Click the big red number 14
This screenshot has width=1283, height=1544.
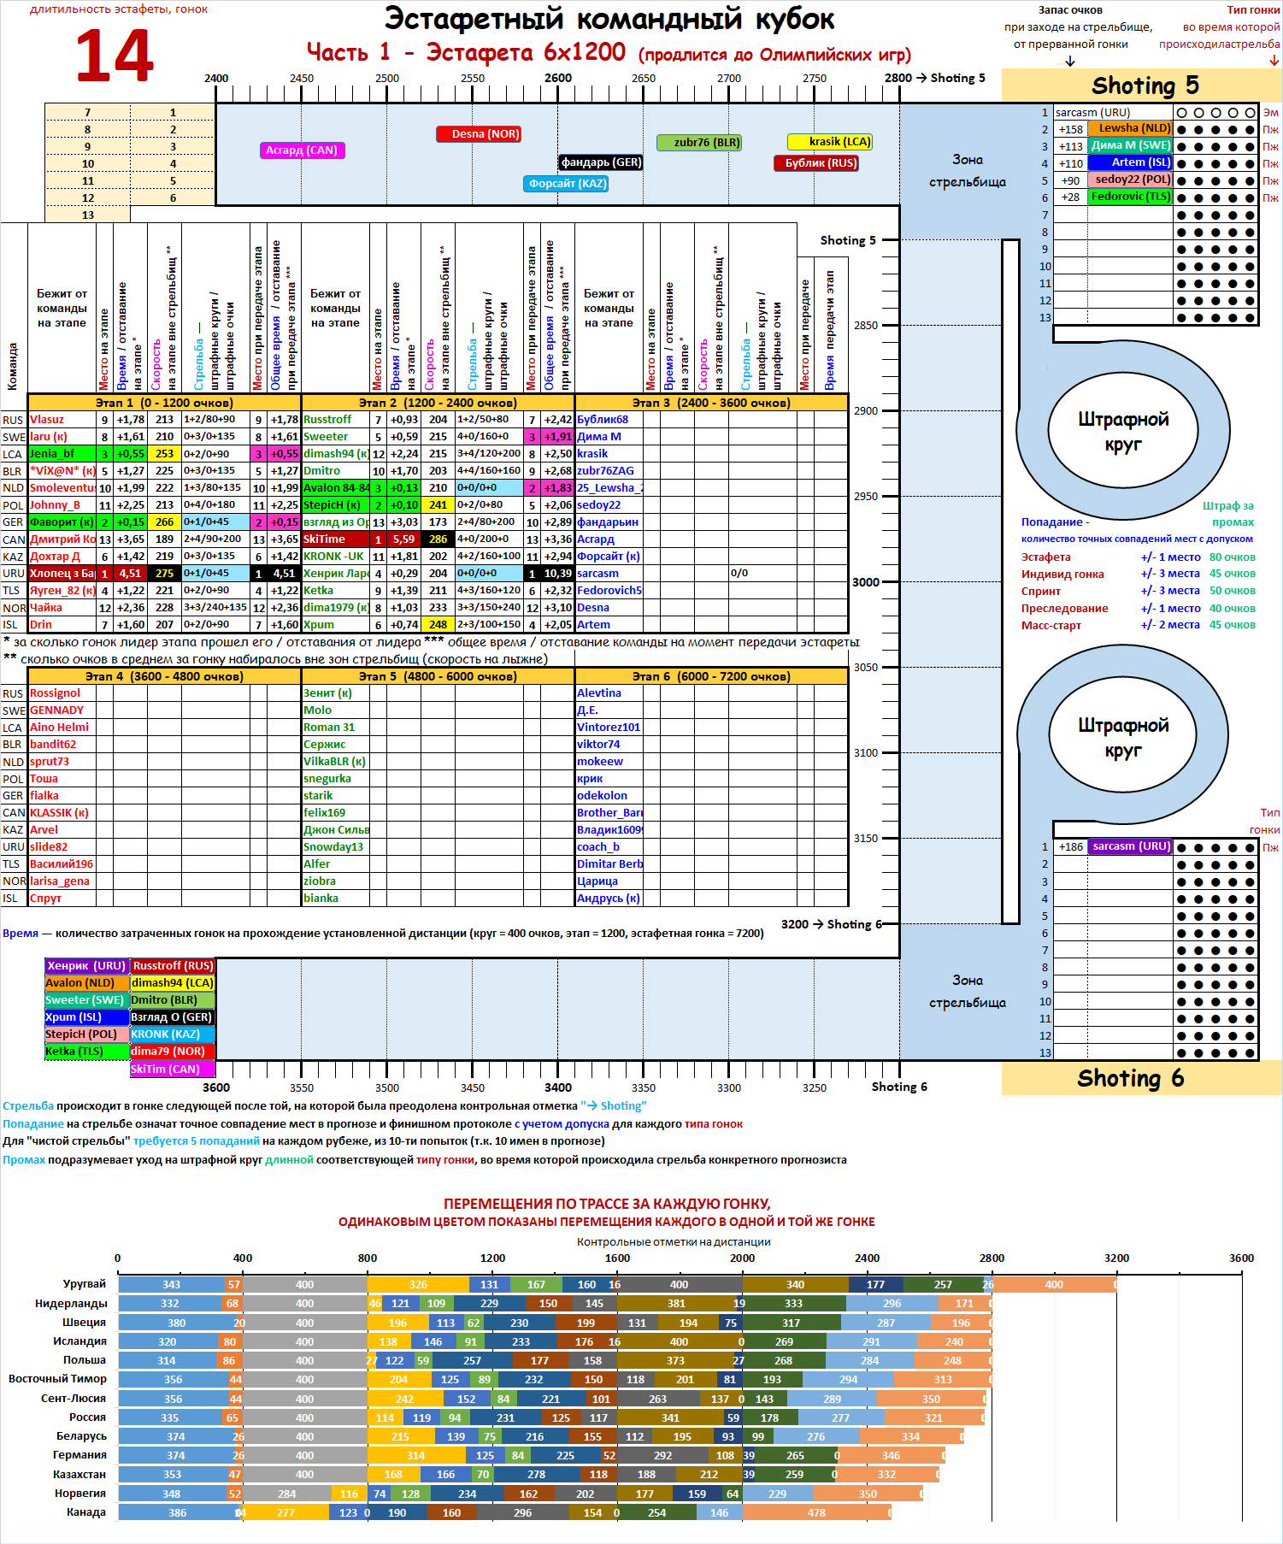coord(115,56)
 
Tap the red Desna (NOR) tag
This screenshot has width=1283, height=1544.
coord(479,134)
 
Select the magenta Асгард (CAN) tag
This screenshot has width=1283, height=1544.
coord(301,150)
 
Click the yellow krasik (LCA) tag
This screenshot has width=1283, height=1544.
coord(830,142)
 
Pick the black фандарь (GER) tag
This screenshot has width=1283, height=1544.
coord(601,162)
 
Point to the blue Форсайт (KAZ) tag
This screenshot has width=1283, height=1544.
coord(566,184)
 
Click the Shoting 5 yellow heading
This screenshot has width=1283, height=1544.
coord(1145,85)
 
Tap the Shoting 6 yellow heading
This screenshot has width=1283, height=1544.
coord(1130,1078)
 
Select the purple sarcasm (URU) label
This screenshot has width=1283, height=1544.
coord(1130,846)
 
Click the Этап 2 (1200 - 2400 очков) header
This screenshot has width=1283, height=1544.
coord(438,403)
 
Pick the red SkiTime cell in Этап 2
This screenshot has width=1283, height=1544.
coord(335,539)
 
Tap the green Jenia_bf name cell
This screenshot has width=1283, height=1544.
coord(62,454)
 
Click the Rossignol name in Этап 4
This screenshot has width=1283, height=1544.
coord(56,693)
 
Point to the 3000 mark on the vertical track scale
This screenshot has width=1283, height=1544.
coord(866,582)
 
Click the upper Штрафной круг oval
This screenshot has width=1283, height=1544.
coord(1122,432)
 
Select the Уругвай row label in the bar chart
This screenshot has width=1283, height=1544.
coord(84,1284)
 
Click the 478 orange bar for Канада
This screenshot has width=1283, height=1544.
coord(816,1512)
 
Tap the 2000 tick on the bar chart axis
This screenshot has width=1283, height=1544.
coord(742,1258)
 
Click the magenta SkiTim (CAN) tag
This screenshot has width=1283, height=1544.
coord(172,1070)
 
